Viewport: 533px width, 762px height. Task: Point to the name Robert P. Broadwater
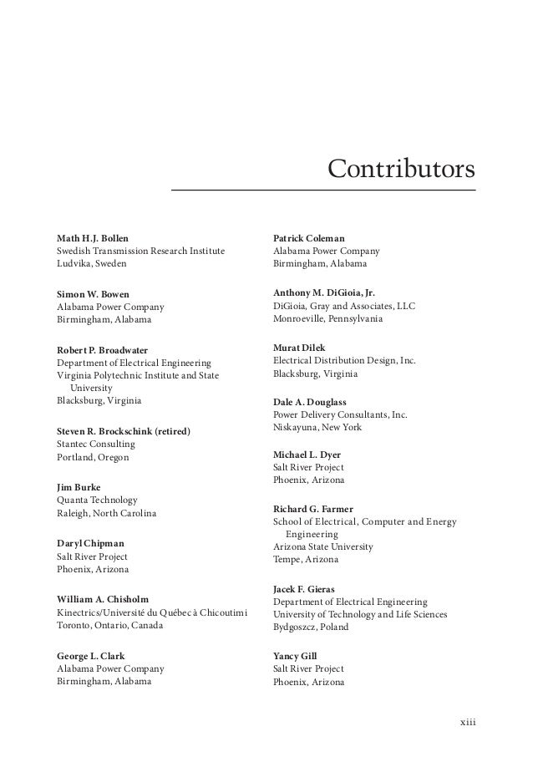(101, 348)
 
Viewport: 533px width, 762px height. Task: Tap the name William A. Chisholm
(103, 598)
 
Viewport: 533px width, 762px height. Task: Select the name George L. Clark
(91, 655)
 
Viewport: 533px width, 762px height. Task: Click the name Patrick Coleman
(308, 238)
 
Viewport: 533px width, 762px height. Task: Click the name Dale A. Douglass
(309, 402)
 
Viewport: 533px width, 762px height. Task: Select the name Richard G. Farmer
(313, 509)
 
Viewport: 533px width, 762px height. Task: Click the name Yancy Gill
(295, 656)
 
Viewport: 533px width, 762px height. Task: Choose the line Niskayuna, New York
(317, 427)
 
